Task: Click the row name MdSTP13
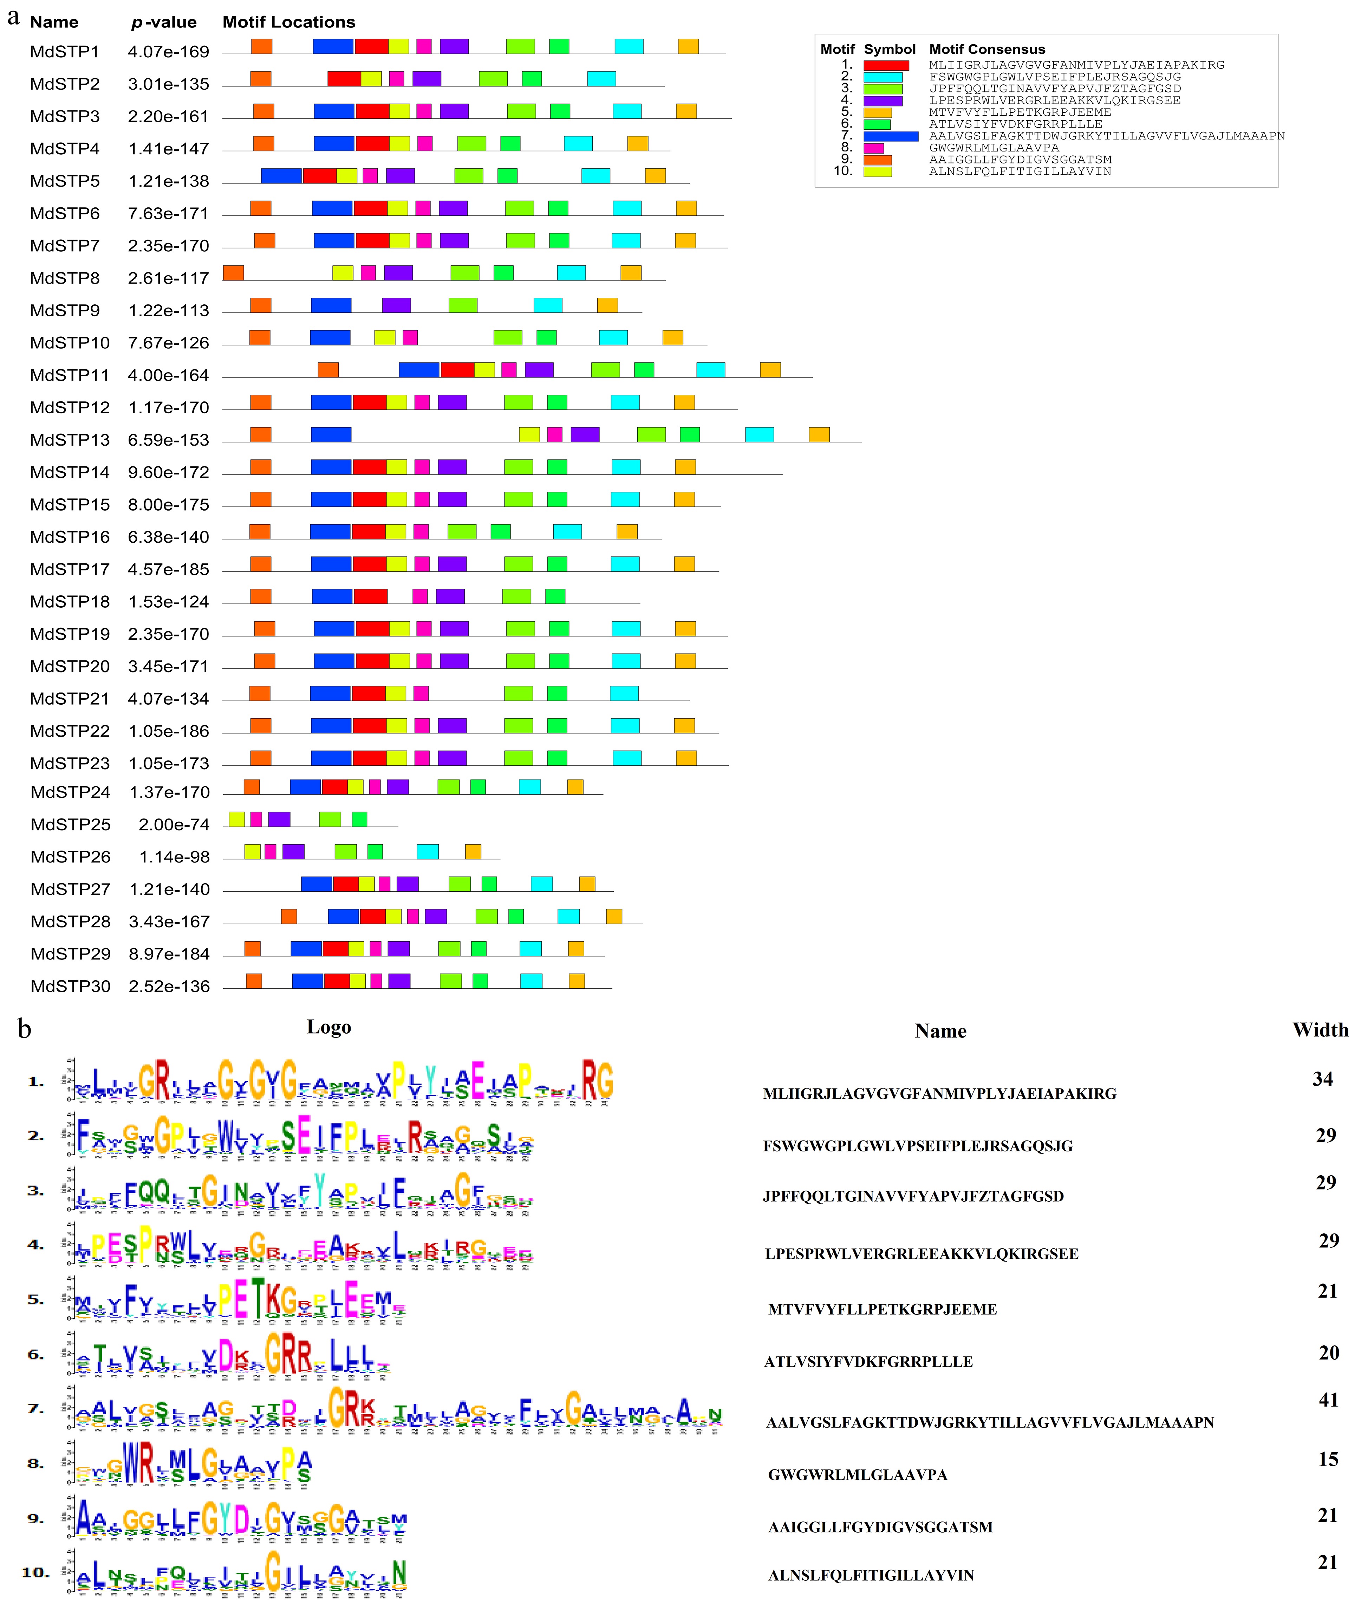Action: [x=70, y=440]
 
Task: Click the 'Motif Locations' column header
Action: [x=288, y=21]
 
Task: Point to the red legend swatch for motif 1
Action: [x=886, y=66]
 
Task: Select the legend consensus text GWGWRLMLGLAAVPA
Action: [x=994, y=147]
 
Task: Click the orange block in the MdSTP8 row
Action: [x=233, y=272]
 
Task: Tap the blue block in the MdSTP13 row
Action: [x=331, y=434]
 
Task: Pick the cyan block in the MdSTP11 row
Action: [x=711, y=370]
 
